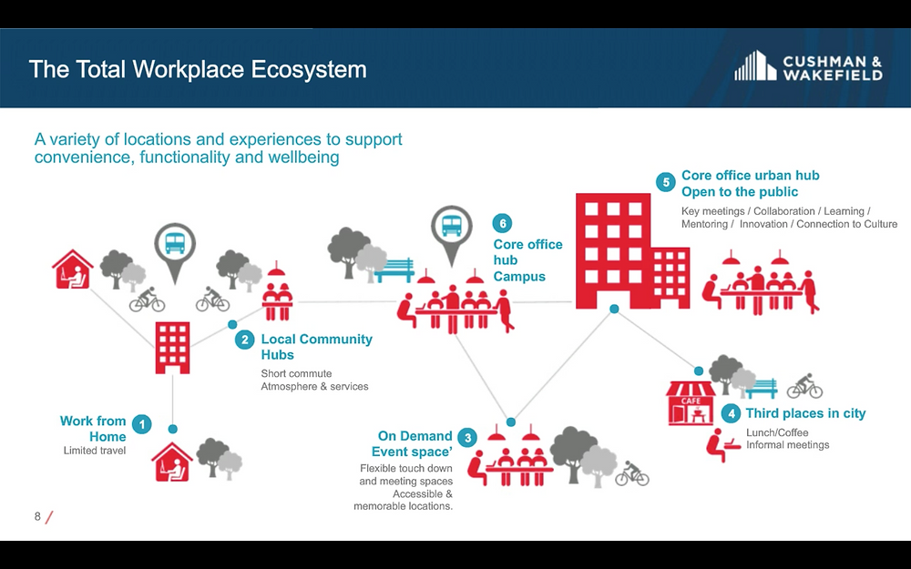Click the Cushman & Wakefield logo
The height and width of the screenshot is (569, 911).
pyautogui.click(x=808, y=66)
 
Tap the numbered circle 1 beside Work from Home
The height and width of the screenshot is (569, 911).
pyautogui.click(x=142, y=424)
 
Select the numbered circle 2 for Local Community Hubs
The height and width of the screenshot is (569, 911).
pyautogui.click(x=244, y=340)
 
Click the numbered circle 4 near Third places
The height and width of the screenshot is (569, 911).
pyautogui.click(x=731, y=413)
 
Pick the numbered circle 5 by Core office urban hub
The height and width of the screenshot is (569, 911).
pyautogui.click(x=666, y=182)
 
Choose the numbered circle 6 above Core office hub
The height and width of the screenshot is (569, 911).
pyautogui.click(x=502, y=224)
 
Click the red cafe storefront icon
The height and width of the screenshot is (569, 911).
pyautogui.click(x=691, y=403)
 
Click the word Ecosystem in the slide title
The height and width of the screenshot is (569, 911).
pyautogui.click(x=309, y=70)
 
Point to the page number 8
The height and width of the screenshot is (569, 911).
pyautogui.click(x=37, y=516)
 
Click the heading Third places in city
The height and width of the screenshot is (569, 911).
pyautogui.click(x=805, y=413)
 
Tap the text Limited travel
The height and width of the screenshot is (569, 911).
pyautogui.click(x=94, y=451)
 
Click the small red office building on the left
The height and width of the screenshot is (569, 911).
pyautogui.click(x=172, y=347)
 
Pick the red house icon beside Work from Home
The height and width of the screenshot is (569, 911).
pyautogui.click(x=172, y=462)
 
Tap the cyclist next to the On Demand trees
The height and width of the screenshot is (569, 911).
pyautogui.click(x=631, y=473)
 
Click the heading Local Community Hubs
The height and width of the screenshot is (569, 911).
pyautogui.click(x=317, y=347)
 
